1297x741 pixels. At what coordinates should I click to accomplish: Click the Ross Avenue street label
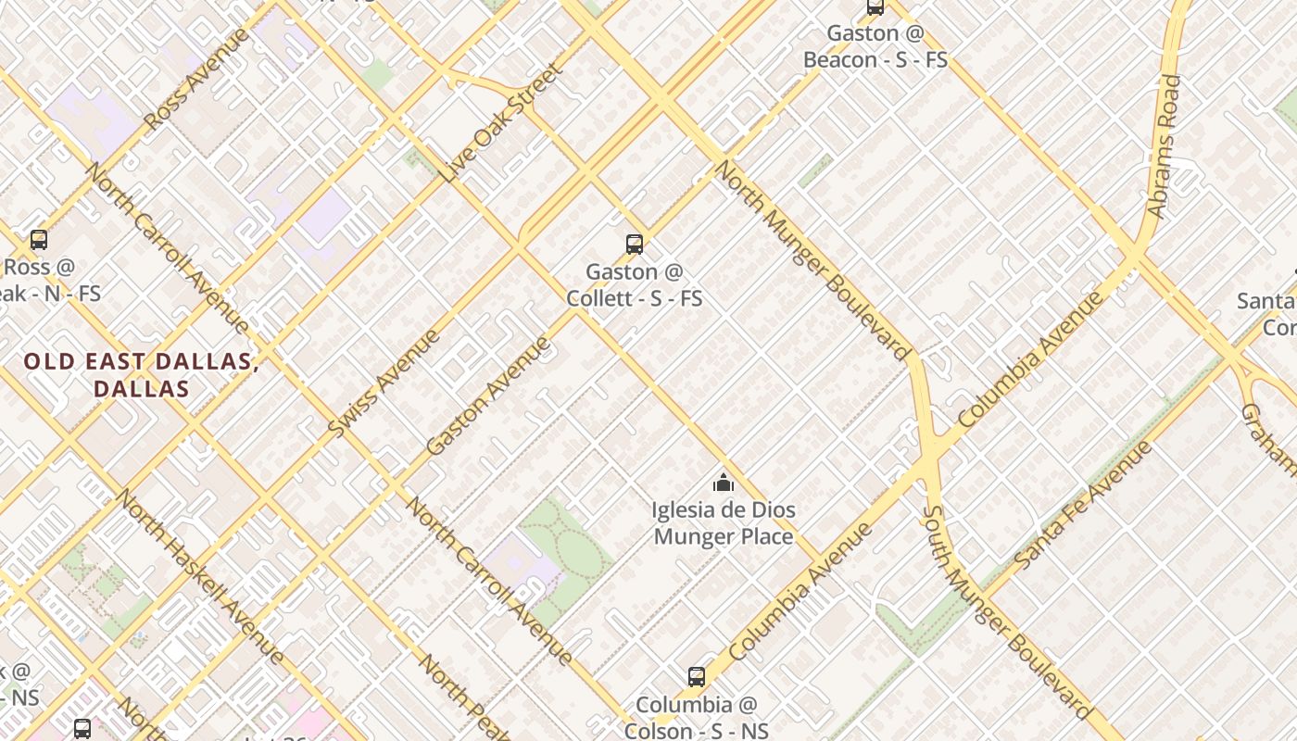pyautogui.click(x=197, y=79)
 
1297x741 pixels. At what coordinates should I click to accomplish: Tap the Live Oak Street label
pyautogui.click(x=504, y=123)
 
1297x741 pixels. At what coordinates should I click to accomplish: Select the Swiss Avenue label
pyautogui.click(x=384, y=383)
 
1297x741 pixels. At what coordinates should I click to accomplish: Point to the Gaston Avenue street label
pyautogui.click(x=488, y=396)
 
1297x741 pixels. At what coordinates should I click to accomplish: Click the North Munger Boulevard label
pyautogui.click(x=812, y=260)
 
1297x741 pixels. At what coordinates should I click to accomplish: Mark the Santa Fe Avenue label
pyautogui.click(x=1083, y=505)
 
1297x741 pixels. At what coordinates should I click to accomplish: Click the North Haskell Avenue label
pyautogui.click(x=199, y=576)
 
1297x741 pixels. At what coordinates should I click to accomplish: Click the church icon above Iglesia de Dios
pyautogui.click(x=724, y=483)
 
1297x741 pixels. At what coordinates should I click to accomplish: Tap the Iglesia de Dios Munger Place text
pyautogui.click(x=724, y=523)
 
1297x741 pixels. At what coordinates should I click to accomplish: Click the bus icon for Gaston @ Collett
pyautogui.click(x=635, y=245)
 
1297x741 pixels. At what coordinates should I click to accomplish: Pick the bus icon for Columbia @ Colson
pyautogui.click(x=697, y=677)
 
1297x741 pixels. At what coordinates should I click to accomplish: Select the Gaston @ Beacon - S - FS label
pyautogui.click(x=875, y=46)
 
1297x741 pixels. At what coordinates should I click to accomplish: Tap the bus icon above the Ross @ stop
pyautogui.click(x=39, y=240)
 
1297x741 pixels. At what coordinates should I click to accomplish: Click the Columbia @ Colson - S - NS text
pyautogui.click(x=697, y=718)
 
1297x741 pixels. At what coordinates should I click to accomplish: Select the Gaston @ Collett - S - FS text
pyautogui.click(x=635, y=285)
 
